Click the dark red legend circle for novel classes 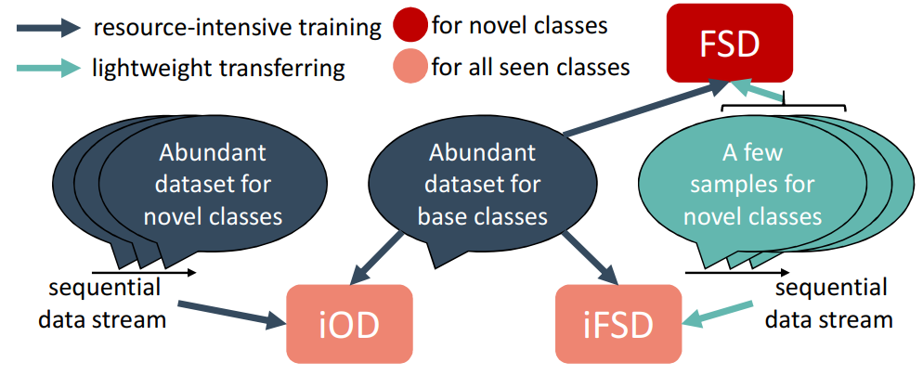[x=409, y=26]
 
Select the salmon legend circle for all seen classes [x=409, y=68]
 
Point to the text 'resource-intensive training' [x=237, y=27]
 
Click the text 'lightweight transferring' [x=218, y=68]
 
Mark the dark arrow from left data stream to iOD [x=232, y=314]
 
